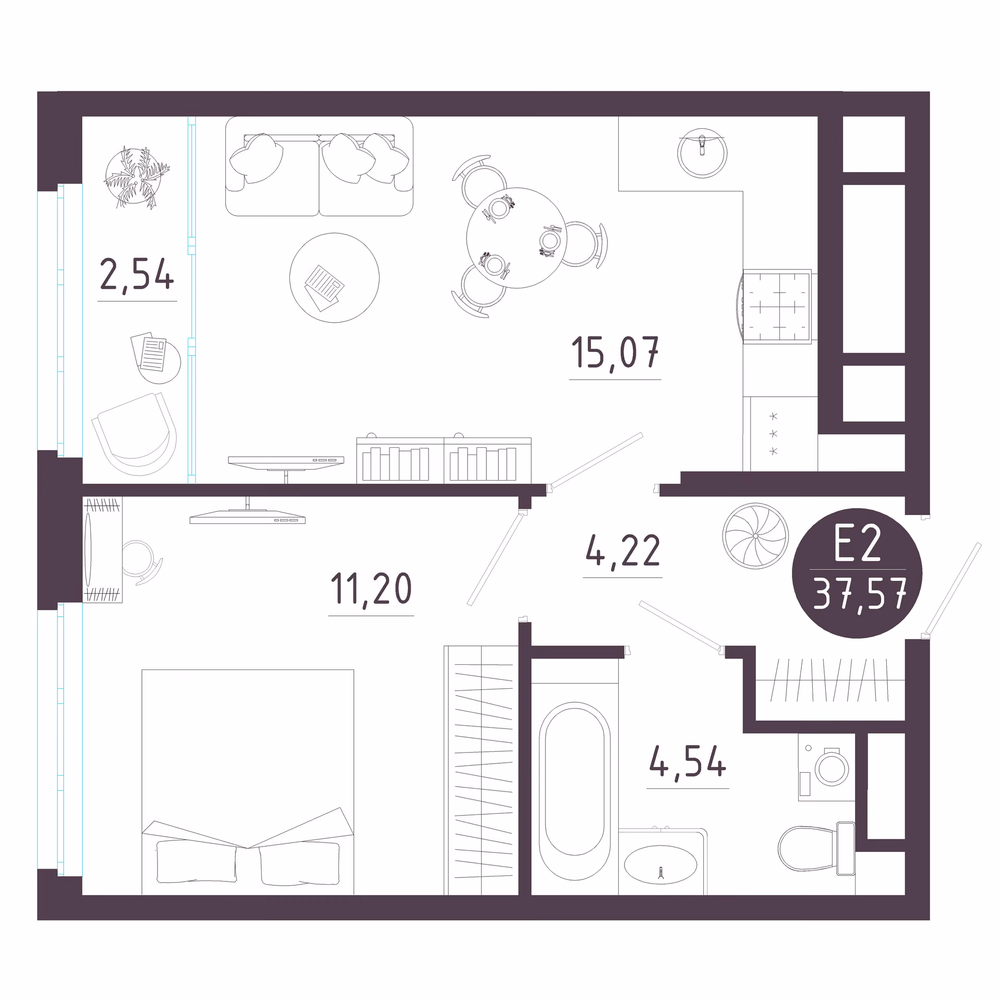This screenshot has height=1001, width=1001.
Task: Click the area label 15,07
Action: tap(615, 353)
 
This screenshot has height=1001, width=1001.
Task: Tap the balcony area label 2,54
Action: tap(137, 275)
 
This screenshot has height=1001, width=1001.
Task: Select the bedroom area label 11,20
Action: tap(371, 589)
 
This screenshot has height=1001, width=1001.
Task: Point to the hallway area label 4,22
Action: tap(623, 551)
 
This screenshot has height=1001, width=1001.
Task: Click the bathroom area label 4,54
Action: tap(687, 762)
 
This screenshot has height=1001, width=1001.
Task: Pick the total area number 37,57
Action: tap(860, 594)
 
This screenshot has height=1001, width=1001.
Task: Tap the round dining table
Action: tap(517, 238)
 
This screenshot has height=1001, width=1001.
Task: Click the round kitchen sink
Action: tap(702, 153)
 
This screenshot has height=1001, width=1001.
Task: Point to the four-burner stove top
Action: tap(777, 307)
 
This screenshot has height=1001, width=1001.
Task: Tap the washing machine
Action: tap(826, 767)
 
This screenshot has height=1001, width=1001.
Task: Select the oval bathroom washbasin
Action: tap(661, 864)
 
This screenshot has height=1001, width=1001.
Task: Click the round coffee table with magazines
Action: tap(334, 278)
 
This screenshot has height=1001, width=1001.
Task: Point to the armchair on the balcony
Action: tap(135, 434)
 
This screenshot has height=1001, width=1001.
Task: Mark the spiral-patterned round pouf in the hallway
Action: tap(755, 535)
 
